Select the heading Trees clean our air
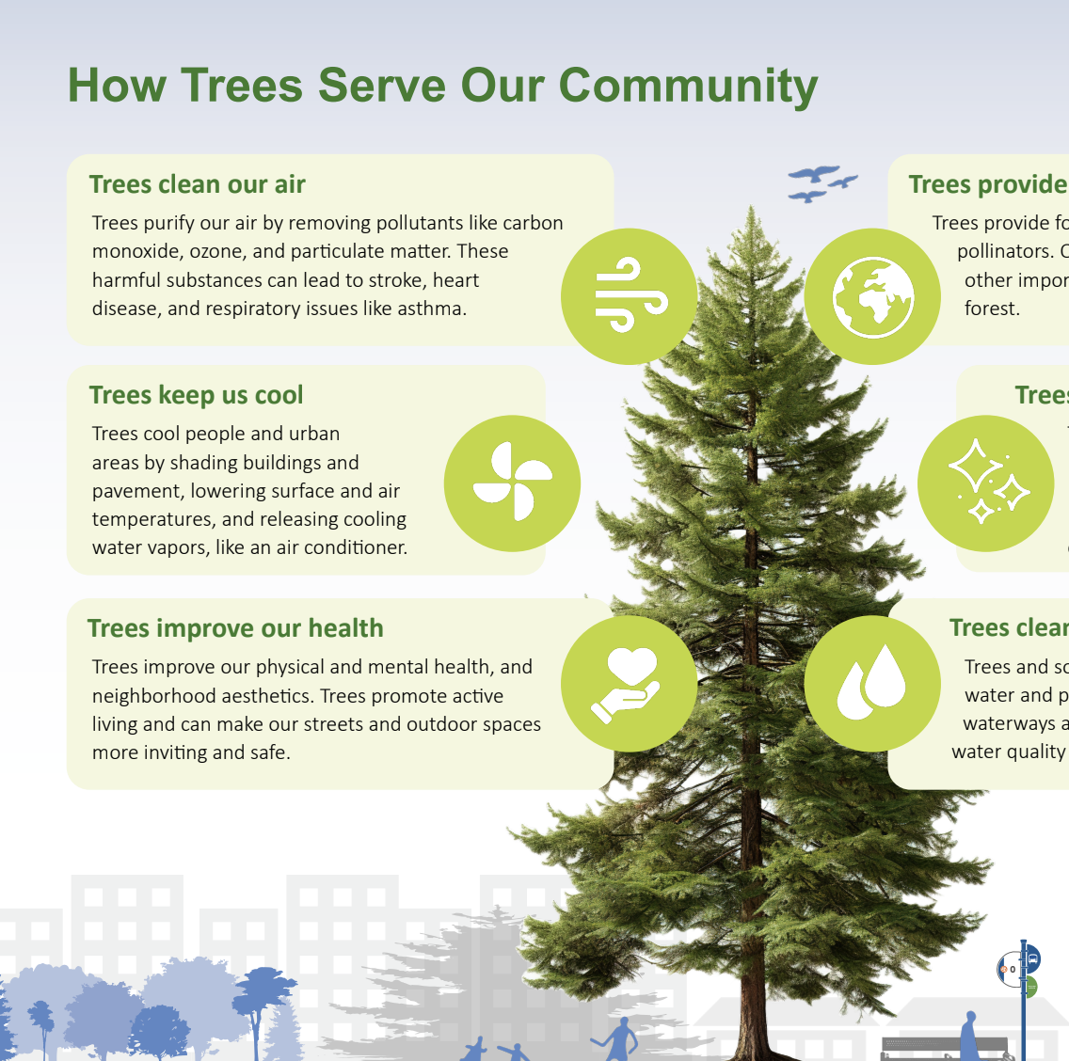pos(197,184)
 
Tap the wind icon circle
pos(629,296)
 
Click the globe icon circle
pos(872,296)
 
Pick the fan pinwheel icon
pos(512,483)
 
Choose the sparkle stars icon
pos(985,483)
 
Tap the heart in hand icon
pos(629,684)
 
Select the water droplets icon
pos(872,684)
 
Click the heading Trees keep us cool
pos(196,395)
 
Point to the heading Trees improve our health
pos(235,628)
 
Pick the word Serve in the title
pos(381,86)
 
